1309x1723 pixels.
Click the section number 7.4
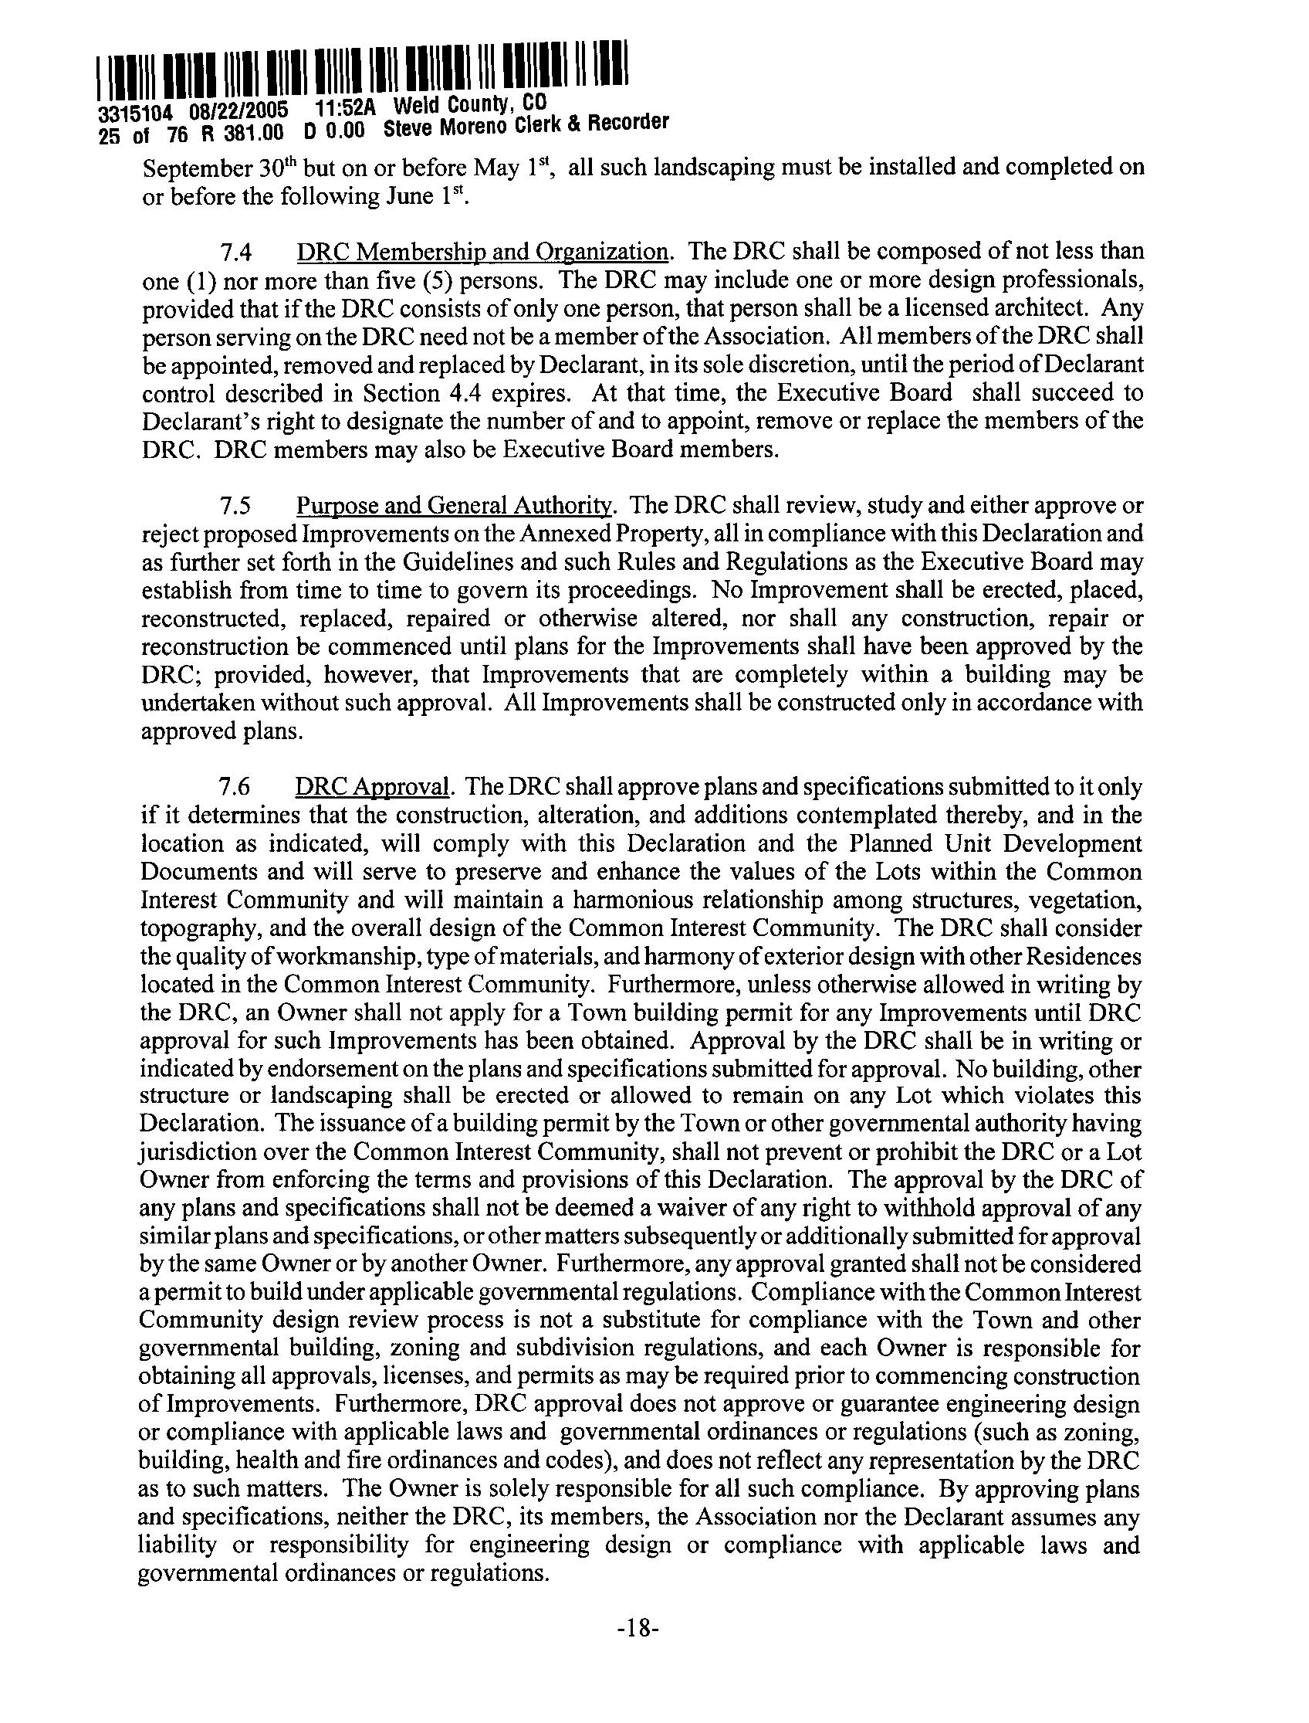(235, 253)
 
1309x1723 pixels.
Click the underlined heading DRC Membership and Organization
(481, 253)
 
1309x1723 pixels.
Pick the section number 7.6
(235, 789)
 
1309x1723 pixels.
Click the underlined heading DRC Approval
(373, 789)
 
